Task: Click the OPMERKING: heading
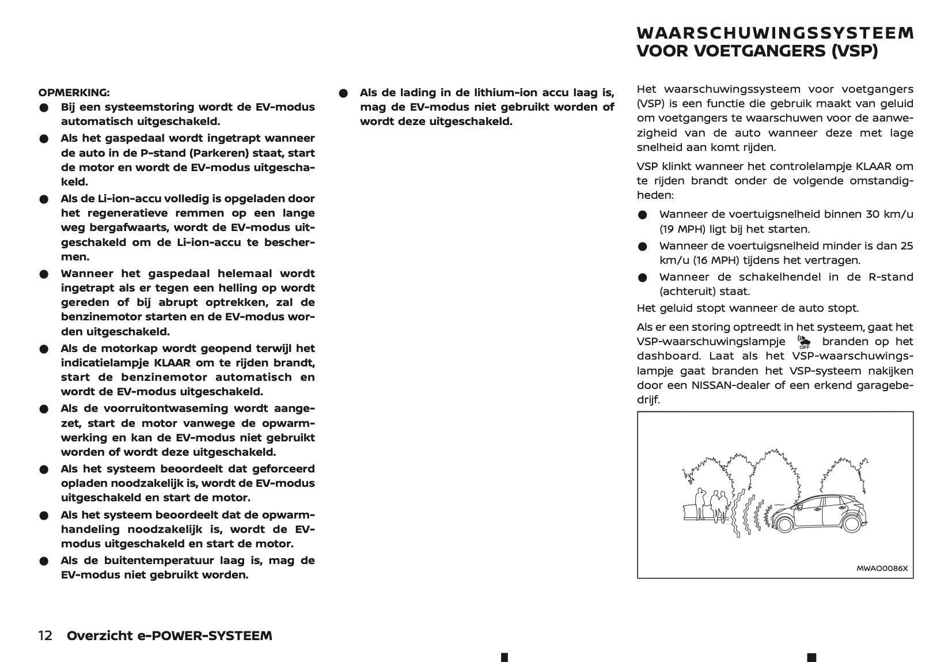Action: (x=74, y=92)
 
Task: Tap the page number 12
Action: (x=45, y=635)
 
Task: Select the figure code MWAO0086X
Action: (x=882, y=568)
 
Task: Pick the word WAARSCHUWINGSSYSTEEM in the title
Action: (x=775, y=33)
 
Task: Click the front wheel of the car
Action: (x=782, y=523)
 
